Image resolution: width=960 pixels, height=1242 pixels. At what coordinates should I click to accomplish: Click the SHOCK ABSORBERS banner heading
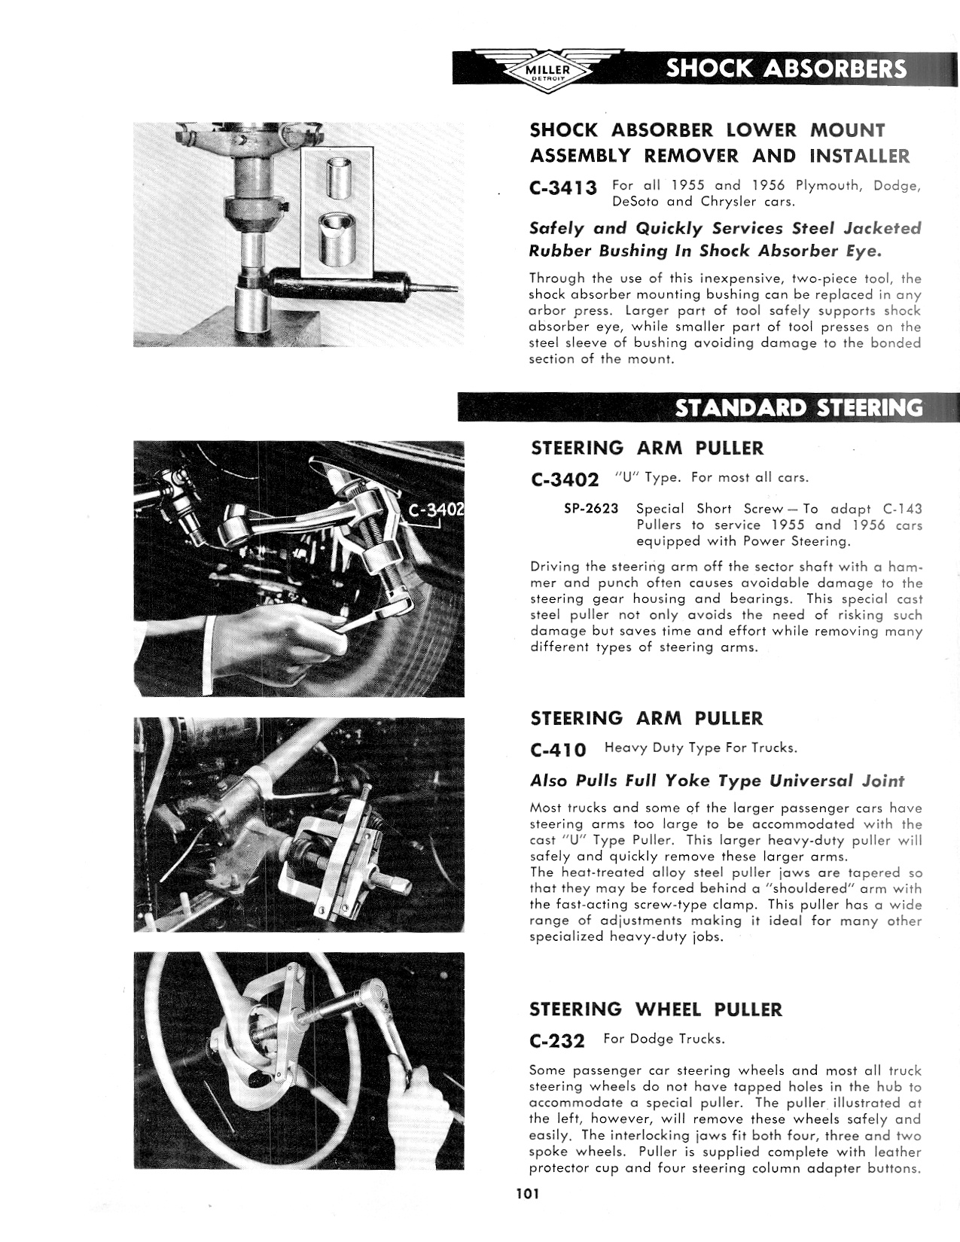point(785,69)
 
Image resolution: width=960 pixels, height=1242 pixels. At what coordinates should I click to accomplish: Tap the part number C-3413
point(563,188)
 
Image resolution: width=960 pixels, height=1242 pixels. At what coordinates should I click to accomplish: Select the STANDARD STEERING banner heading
point(798,408)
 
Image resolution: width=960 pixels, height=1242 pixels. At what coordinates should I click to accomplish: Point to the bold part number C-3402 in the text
point(565,479)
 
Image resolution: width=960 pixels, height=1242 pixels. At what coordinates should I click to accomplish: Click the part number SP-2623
point(591,509)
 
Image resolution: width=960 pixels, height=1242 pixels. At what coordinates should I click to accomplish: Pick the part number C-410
point(558,750)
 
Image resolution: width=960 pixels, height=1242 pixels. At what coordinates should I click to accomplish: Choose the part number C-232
point(557,1041)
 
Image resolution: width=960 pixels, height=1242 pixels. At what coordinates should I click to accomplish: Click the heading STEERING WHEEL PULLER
point(656,1009)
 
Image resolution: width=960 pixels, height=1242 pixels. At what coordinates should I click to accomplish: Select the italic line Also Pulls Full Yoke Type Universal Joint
point(717,781)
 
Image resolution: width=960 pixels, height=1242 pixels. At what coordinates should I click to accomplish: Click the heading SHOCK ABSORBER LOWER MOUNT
point(708,129)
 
